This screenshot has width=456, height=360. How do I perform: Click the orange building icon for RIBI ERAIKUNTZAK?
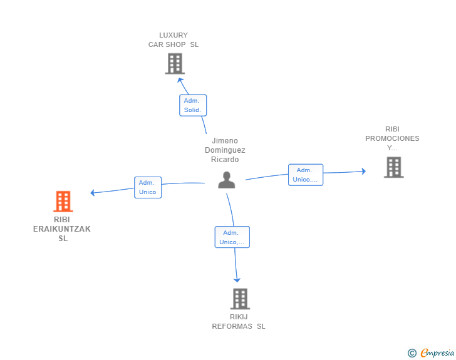63,201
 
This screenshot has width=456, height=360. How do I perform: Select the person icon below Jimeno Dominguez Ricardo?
227,180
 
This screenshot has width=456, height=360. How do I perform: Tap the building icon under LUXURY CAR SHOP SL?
175,63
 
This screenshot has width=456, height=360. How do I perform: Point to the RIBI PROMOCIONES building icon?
394,167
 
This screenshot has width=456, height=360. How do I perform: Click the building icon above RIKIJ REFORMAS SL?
241,299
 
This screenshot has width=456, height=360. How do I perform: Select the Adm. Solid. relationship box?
193,105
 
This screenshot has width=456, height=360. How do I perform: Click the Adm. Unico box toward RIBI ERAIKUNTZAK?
148,188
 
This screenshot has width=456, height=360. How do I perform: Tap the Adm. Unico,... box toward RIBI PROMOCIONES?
306,175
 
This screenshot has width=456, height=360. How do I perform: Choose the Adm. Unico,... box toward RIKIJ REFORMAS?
232,237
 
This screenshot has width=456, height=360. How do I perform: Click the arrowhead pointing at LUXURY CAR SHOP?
180,80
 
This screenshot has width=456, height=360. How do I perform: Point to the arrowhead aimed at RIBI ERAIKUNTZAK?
93,192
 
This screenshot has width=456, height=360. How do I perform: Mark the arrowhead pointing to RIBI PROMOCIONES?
363,171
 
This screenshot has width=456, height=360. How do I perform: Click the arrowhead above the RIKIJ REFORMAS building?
237,280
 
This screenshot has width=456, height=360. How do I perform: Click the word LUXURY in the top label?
174,35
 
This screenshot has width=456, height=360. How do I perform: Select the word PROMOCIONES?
392,138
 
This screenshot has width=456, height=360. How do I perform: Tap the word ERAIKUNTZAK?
62,229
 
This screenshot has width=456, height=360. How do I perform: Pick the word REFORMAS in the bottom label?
232,326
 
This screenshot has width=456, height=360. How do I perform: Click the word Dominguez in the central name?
225,150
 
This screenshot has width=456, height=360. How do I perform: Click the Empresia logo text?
437,352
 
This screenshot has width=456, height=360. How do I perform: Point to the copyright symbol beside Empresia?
412,353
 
